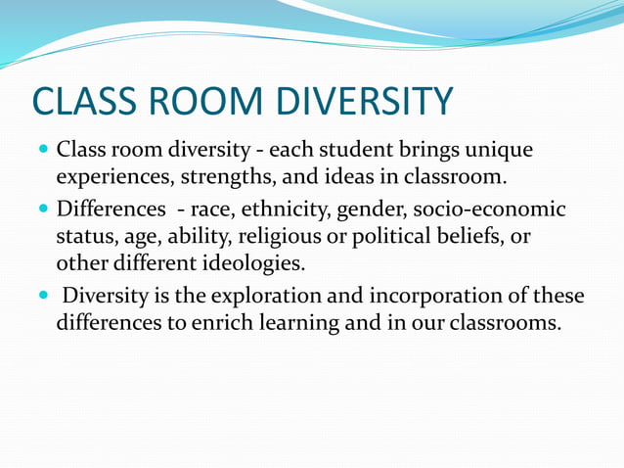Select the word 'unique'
(x=500, y=153)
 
